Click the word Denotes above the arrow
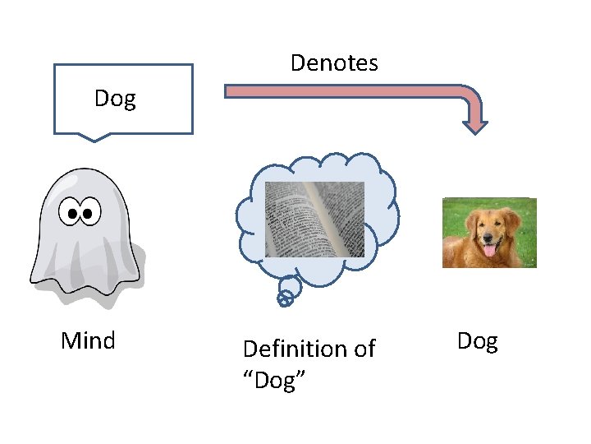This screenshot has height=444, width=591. (x=334, y=63)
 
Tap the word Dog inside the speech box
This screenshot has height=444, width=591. (x=115, y=99)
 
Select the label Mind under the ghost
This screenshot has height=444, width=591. (x=88, y=340)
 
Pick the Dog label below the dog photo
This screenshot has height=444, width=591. (x=477, y=341)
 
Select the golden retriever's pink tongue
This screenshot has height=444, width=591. (x=491, y=250)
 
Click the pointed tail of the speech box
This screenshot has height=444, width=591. (x=95, y=137)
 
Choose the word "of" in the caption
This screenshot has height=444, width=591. (x=364, y=349)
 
